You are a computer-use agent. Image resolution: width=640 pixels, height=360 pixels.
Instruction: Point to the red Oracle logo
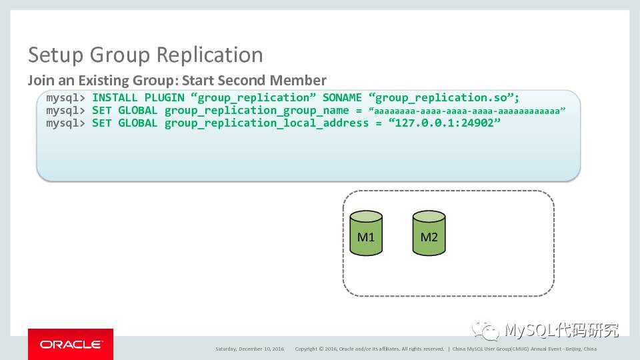point(70,344)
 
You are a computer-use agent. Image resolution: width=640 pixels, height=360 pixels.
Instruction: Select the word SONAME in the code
point(341,98)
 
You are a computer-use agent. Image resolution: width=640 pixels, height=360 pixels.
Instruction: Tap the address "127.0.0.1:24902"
point(443,123)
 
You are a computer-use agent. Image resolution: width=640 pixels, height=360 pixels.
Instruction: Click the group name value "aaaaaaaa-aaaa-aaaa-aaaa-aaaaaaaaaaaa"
point(467,111)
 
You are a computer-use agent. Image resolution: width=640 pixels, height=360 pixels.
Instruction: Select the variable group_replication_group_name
point(257,111)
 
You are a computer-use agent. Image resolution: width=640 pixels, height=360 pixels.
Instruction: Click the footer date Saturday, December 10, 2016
point(249,349)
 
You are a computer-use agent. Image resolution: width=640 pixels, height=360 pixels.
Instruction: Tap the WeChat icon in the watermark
point(485,330)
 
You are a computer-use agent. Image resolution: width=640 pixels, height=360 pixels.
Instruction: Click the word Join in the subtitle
point(39,81)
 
